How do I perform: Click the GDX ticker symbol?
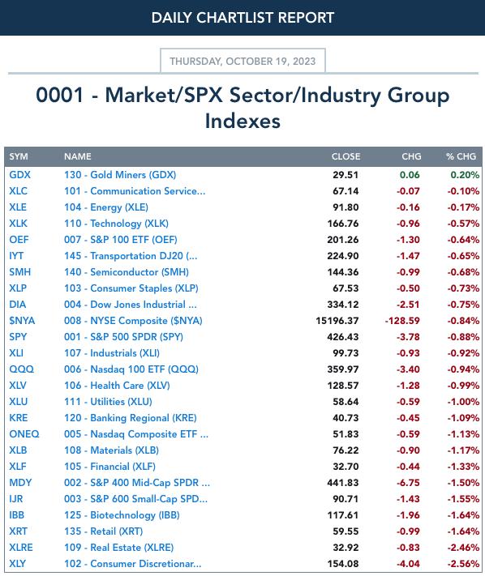coord(19,175)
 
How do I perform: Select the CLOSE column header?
coord(346,156)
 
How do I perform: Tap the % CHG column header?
coord(461,156)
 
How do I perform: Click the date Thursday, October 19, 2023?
coord(242,61)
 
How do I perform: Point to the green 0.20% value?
coord(465,175)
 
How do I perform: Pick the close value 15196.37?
coord(337,321)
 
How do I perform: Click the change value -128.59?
coord(402,321)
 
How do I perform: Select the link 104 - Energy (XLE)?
coord(106,207)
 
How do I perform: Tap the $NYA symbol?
coord(22,321)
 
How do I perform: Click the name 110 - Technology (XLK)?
coord(116,224)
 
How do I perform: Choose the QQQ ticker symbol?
coord(21,369)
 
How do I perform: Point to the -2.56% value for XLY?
coord(463,564)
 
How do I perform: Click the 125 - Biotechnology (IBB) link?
coord(122,515)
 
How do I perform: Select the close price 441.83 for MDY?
coord(343,483)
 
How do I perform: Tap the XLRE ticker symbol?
coord(21,548)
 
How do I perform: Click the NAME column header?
coord(78,156)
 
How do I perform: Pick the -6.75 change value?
coord(408,483)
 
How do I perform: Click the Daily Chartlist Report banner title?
coord(242,18)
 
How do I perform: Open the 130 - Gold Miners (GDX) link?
coord(120,175)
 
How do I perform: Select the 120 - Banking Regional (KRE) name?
coord(130,418)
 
